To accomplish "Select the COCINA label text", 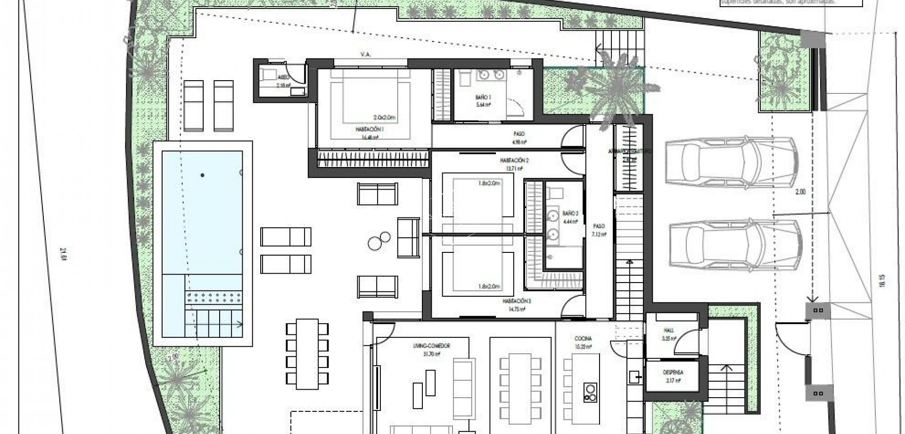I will pos(583,338).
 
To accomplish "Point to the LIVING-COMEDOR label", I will pos(431,346).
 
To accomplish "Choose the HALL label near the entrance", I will pos(669,331).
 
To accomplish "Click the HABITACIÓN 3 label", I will pos(517,300).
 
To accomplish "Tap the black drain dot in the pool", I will pos(203,175).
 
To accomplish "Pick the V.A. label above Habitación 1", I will pos(366,55).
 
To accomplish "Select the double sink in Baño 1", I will pos(490,75).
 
